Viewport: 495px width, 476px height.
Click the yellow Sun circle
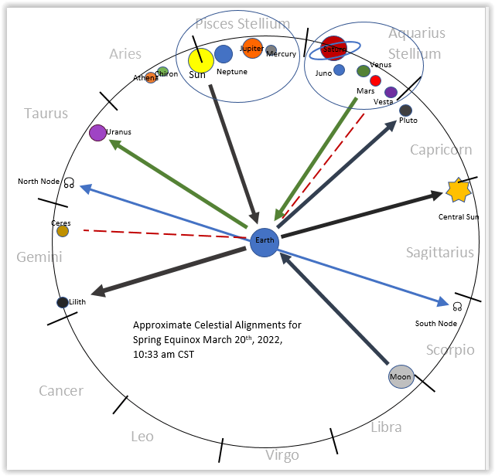point(200,59)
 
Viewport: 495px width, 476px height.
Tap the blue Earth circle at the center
point(265,241)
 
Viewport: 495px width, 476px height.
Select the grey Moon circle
point(401,377)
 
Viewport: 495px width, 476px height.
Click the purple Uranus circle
point(97,133)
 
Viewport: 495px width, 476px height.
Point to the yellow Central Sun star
point(458,189)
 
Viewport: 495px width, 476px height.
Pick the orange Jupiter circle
point(252,48)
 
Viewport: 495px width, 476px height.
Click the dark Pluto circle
point(405,110)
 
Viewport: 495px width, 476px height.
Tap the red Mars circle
point(375,80)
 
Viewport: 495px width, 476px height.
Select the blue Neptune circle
point(224,54)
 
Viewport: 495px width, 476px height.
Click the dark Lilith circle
point(63,302)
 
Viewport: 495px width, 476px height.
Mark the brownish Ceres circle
point(63,231)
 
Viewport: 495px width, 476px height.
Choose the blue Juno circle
point(339,70)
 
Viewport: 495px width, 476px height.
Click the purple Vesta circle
point(391,93)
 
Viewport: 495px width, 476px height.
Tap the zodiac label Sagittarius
point(439,253)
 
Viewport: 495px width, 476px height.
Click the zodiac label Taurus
point(46,114)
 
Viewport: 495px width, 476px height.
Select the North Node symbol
point(69,183)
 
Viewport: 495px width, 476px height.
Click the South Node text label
point(435,323)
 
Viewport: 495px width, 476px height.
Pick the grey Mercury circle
point(271,50)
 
